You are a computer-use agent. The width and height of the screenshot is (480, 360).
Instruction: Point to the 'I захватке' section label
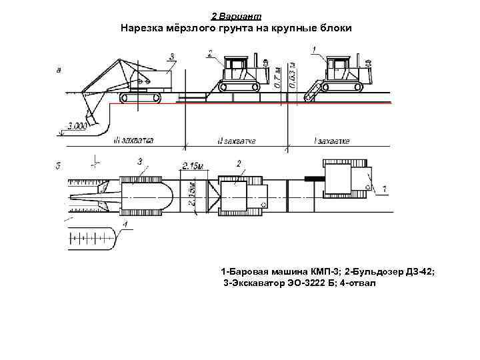click(331, 141)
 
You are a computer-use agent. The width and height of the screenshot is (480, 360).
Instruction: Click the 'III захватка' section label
click(133, 141)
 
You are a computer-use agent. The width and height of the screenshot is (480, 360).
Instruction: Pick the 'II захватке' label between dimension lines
click(237, 141)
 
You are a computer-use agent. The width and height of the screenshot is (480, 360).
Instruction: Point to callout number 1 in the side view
click(314, 48)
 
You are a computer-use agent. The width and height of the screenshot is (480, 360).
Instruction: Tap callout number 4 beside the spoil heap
click(124, 225)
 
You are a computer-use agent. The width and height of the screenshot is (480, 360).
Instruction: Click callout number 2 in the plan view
click(239, 163)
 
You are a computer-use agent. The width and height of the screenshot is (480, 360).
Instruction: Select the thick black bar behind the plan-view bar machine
click(313, 178)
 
